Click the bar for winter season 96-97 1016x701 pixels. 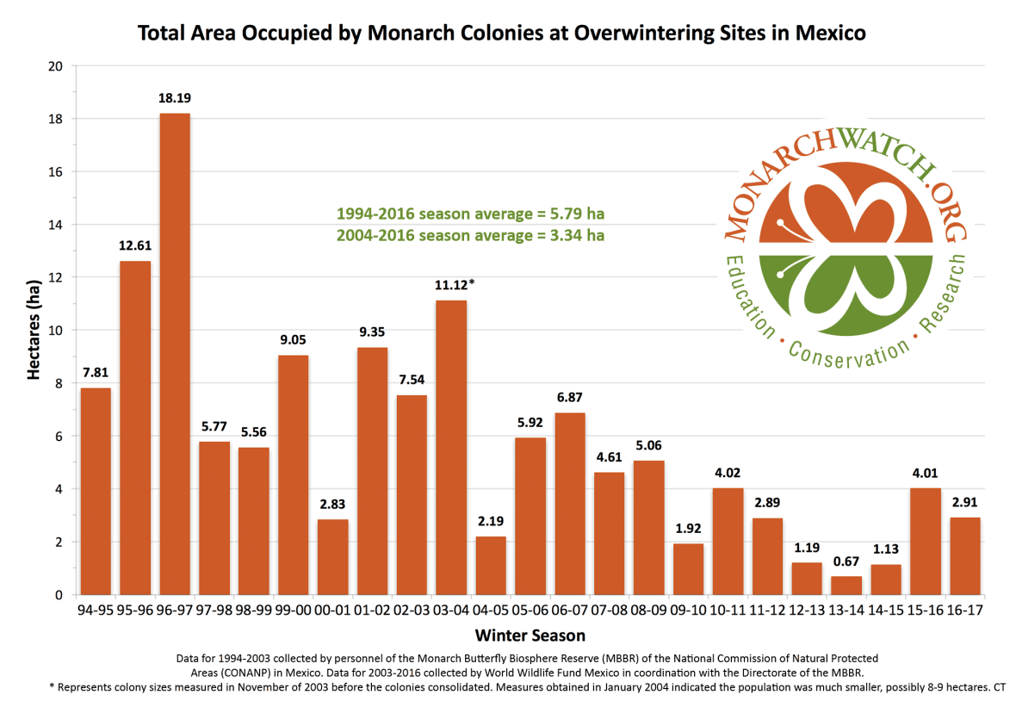pyautogui.click(x=174, y=354)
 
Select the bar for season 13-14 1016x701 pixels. pyautogui.click(x=846, y=586)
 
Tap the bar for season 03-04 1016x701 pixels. pyautogui.click(x=451, y=447)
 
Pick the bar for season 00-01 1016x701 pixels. pyautogui.click(x=332, y=556)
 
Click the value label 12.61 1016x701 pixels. pyautogui.click(x=135, y=245)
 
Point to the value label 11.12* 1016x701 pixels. pyautogui.click(x=455, y=285)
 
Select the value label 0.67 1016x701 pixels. pyautogui.click(x=846, y=561)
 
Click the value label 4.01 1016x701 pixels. pyautogui.click(x=926, y=472)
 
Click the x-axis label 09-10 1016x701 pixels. pyautogui.click(x=688, y=610)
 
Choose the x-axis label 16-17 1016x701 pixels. pyautogui.click(x=965, y=610)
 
